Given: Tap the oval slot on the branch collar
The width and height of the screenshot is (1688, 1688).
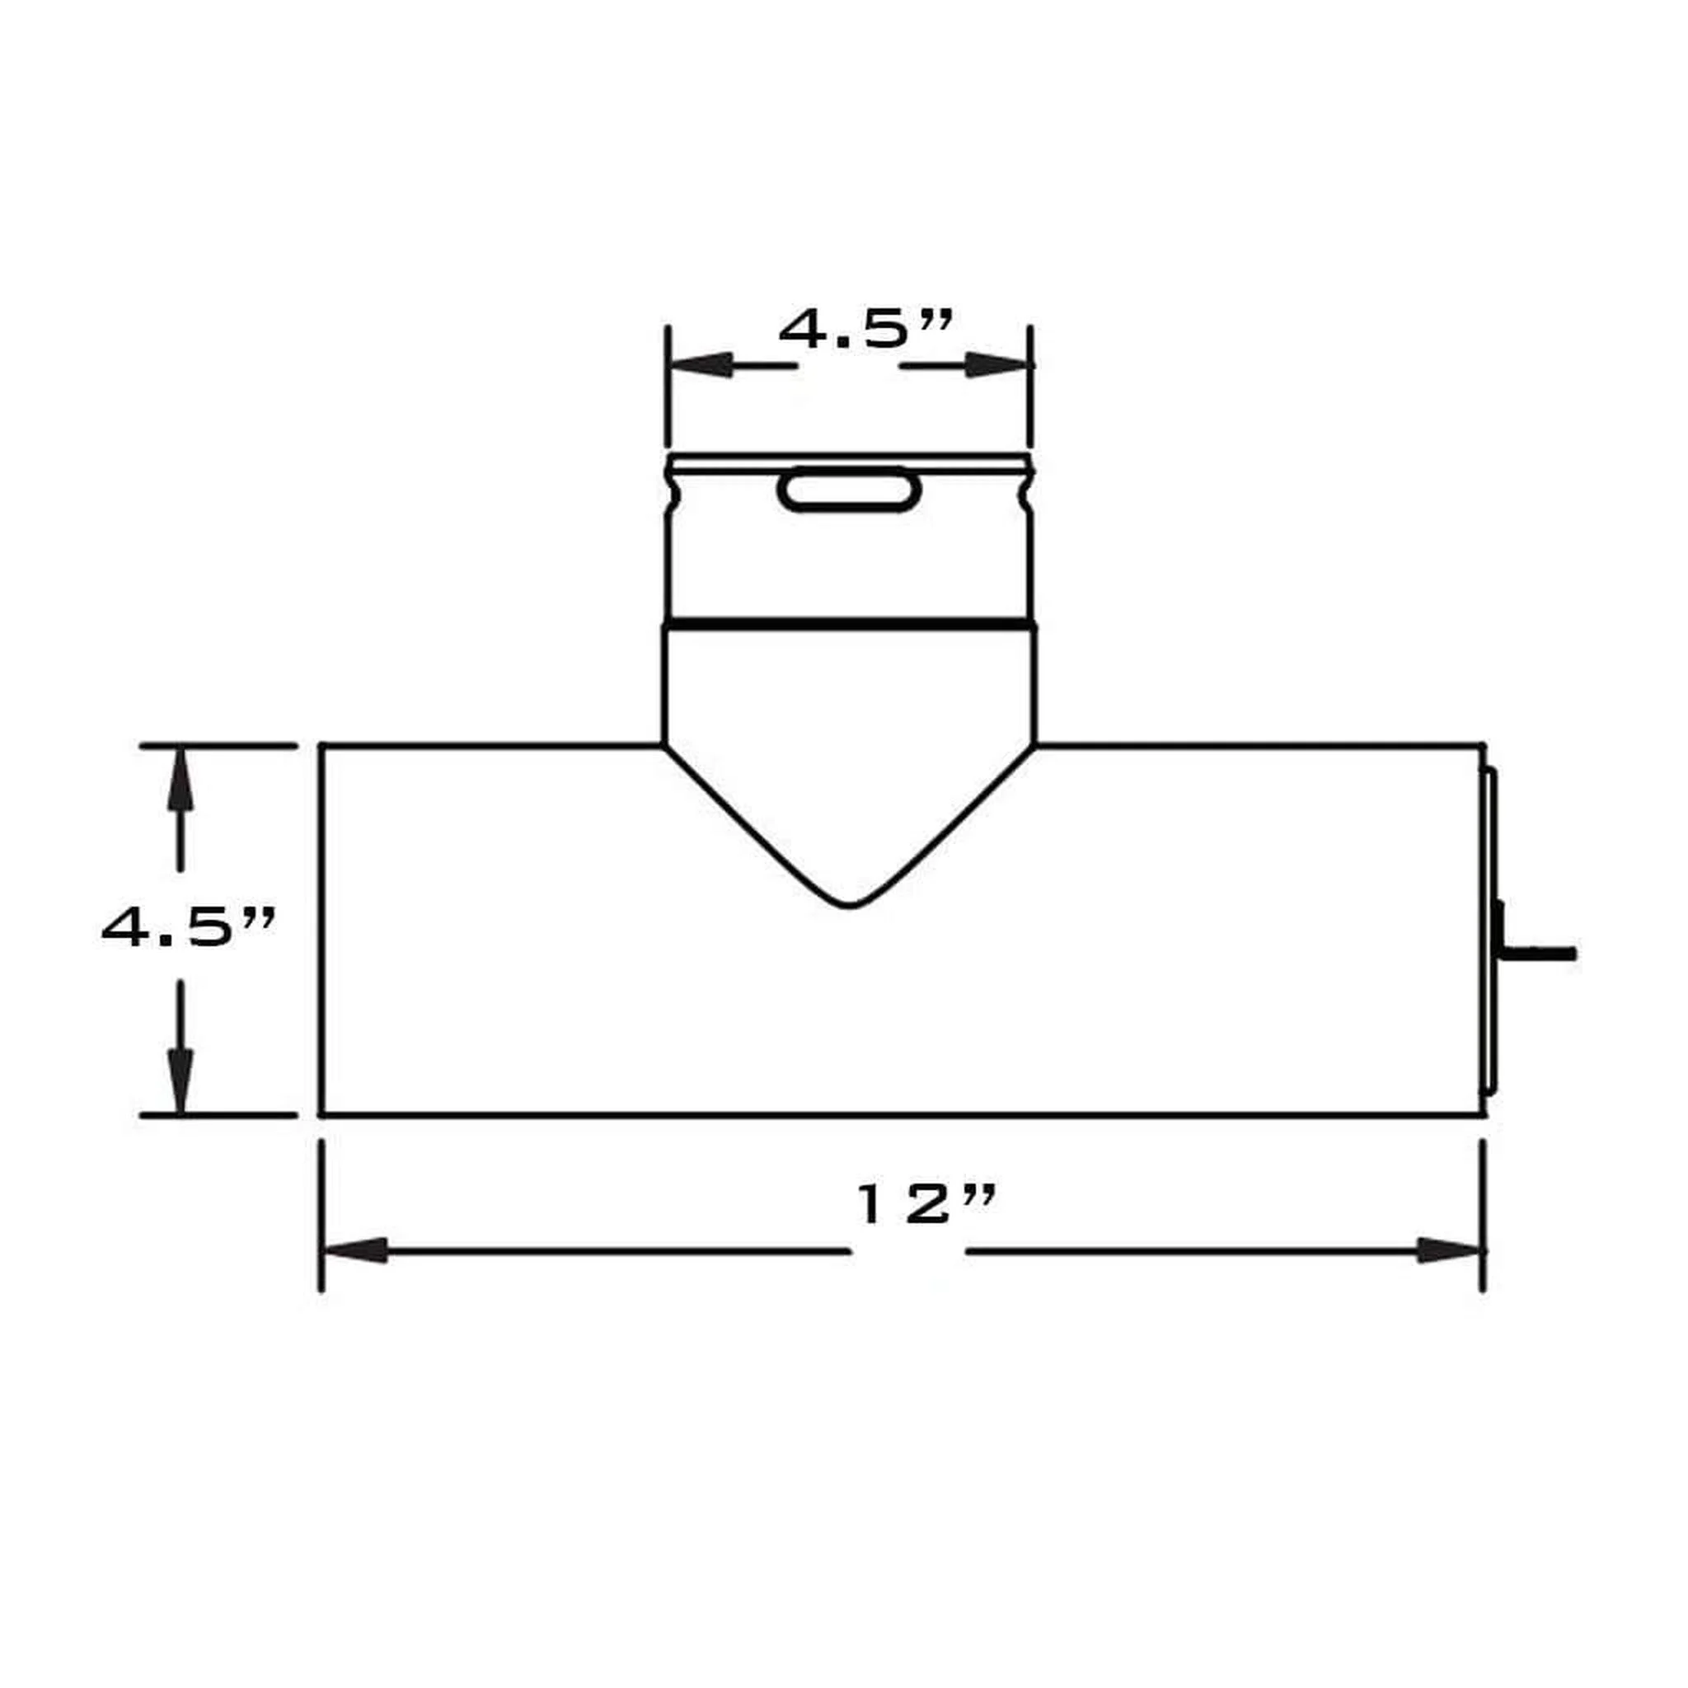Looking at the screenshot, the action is [848, 490].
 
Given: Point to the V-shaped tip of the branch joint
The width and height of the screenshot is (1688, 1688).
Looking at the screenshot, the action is [848, 906].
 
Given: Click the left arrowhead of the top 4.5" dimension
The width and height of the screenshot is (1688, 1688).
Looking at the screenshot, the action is [701, 365].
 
